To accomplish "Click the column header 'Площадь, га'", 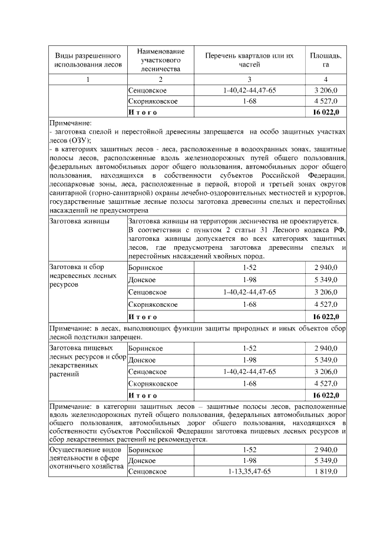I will [x=326, y=59].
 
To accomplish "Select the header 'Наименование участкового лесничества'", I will [x=160, y=59].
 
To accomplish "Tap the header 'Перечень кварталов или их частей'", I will [x=250, y=59].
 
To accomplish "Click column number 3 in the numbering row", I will [x=250, y=79].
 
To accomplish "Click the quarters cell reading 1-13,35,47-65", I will [x=250, y=472].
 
